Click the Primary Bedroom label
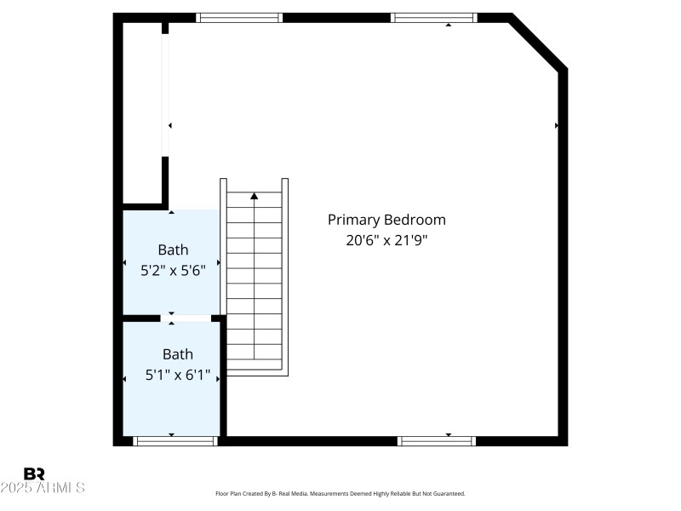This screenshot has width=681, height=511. coord(386,220)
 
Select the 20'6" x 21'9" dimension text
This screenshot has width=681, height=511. coord(386,240)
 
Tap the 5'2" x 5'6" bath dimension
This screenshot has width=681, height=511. coord(173,271)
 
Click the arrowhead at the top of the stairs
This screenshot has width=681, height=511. coord(254,196)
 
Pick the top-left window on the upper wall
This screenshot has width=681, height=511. coord(239,17)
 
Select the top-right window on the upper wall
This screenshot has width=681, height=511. coord(433,17)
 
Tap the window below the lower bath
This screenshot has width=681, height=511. coord(175,441)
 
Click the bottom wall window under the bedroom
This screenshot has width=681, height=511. coord(437,441)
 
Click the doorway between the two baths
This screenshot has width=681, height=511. coord(186,319)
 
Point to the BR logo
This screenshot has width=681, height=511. coord(34,474)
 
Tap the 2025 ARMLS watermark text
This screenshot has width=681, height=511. coord(43,488)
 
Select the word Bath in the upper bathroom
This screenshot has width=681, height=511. coord(173,250)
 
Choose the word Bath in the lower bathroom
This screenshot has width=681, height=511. coord(178,354)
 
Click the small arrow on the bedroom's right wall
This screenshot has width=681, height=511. coord(557,125)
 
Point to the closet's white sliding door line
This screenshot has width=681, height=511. coord(165,94)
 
